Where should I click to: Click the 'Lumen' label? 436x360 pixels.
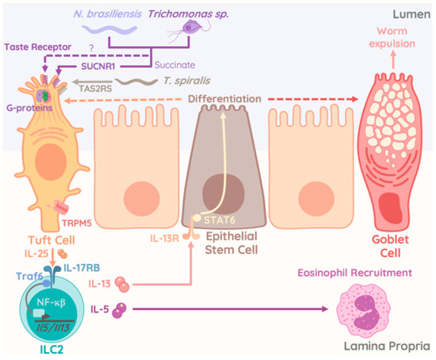pyautogui.click(x=408, y=13)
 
